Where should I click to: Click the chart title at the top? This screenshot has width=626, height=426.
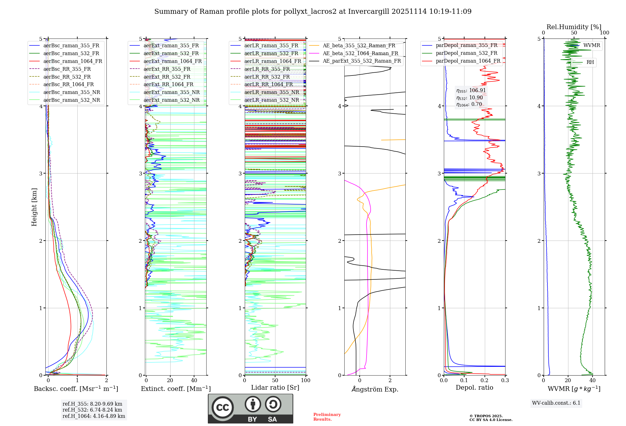[313, 12]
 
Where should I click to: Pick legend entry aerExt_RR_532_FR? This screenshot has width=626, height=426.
[167, 77]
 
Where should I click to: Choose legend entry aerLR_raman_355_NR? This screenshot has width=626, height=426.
[272, 92]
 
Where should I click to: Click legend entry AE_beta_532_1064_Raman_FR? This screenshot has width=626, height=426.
[360, 53]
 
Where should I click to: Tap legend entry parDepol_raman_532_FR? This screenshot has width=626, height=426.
[466, 53]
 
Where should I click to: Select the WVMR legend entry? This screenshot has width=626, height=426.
[592, 45]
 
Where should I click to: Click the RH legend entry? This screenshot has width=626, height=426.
[590, 62]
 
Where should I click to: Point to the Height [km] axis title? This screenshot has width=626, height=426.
[34, 207]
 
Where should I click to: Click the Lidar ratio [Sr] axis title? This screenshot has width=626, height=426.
[275, 388]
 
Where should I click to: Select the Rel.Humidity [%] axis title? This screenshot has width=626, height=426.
[574, 27]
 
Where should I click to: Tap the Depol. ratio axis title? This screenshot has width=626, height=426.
[474, 388]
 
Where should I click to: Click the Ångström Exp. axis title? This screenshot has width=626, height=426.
[375, 389]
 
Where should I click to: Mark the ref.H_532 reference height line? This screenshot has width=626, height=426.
[92, 410]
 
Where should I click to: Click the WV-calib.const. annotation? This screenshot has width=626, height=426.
[556, 403]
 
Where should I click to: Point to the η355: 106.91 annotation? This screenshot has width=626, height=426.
[471, 91]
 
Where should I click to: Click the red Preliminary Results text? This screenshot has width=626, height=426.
[327, 417]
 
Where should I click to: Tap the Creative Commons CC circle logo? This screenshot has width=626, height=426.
[223, 407]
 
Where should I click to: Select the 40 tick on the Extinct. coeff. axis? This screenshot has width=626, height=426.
[194, 381]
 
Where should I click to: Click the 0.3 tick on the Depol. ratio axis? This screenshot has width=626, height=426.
[505, 381]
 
